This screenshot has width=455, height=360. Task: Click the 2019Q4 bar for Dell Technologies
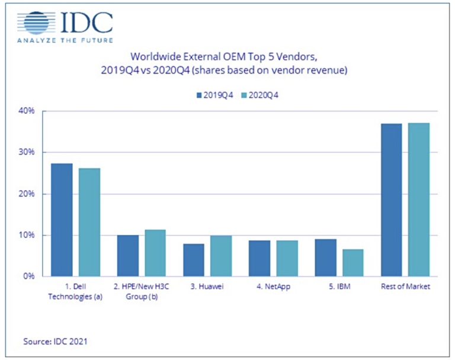pos(62,220)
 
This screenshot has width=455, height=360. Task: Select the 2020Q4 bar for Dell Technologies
pos(89,222)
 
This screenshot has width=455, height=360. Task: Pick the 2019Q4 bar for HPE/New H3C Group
pos(127,256)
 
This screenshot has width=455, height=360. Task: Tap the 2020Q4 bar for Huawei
pos(220,256)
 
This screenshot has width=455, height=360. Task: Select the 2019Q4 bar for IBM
pos(325,257)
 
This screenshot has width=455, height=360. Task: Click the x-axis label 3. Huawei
pos(207,287)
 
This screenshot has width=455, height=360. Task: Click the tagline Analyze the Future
pos(65,42)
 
